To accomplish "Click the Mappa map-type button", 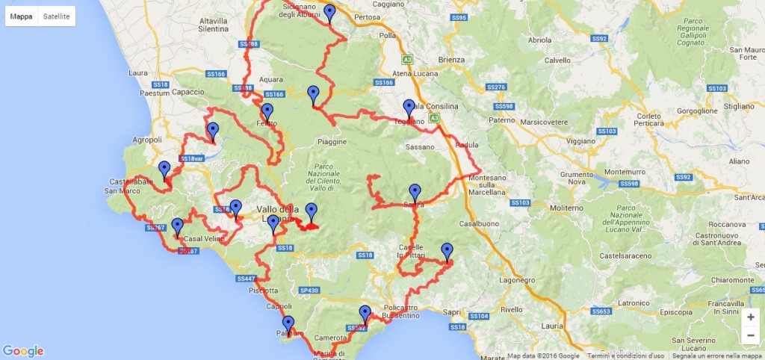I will point(22,16).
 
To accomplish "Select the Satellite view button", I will point(57,16).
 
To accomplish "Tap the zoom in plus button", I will point(750,317).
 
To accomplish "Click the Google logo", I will point(23,351).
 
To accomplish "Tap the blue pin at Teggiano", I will point(409,108).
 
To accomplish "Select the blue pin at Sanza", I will point(415,193).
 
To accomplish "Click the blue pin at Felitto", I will point(267,113).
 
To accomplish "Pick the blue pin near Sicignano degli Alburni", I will point(329,13).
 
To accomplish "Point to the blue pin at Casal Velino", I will point(177,227).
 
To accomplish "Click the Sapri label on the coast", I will point(452,312).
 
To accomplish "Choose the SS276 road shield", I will point(496,87).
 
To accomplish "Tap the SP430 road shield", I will point(309,290).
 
